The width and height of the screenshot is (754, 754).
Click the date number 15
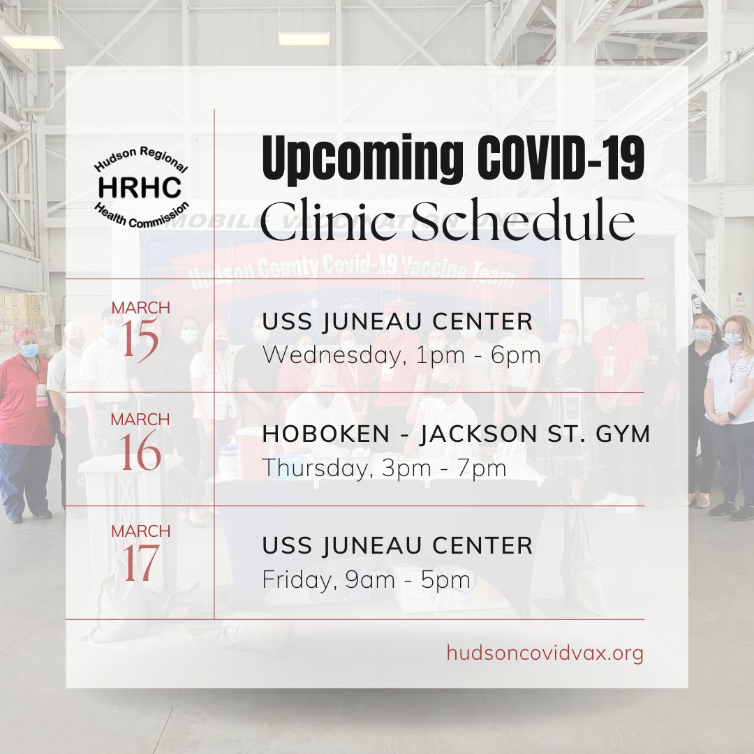coord(140,339)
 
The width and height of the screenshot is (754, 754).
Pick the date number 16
coord(140,451)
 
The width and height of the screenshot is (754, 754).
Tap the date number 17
coord(140,563)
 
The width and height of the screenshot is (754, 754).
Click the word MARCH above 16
coord(140,420)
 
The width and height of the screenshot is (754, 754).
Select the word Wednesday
coord(332,356)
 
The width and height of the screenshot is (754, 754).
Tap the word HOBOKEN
coord(326,434)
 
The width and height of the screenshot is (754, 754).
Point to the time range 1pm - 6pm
coord(478,356)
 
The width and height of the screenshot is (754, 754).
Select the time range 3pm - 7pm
coord(444,468)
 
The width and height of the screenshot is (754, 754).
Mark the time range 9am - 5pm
coord(408,580)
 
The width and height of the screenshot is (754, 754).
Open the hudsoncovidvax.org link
coord(545,653)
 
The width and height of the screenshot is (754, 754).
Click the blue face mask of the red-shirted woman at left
coord(30,350)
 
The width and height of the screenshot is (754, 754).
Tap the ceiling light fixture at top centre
coord(304,39)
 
